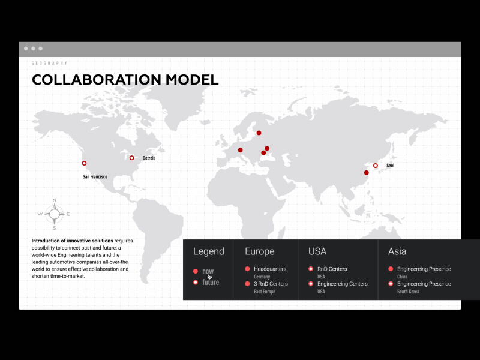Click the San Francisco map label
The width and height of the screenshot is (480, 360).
pyautogui.click(x=95, y=176)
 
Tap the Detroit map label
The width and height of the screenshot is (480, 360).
pyautogui.click(x=149, y=158)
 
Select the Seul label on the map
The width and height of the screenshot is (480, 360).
pyautogui.click(x=390, y=166)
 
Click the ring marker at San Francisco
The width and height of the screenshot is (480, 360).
pyautogui.click(x=84, y=163)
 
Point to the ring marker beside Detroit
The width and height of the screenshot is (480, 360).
pyautogui.click(x=132, y=158)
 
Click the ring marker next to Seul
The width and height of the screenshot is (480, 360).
pyautogui.click(x=376, y=166)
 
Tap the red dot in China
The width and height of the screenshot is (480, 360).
pyautogui.click(x=367, y=173)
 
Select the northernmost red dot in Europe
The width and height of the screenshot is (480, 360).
pyautogui.click(x=259, y=133)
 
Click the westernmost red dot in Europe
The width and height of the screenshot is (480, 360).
pyautogui.click(x=240, y=150)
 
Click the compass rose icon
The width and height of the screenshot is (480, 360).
pyautogui.click(x=54, y=214)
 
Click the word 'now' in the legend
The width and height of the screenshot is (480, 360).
pyautogui.click(x=208, y=271)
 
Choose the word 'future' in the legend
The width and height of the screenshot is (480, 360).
pyautogui.click(x=211, y=282)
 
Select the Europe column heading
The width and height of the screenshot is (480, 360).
pyautogui.click(x=260, y=251)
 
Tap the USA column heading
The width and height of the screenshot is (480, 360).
pyautogui.click(x=317, y=251)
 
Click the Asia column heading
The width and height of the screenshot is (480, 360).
pyautogui.click(x=397, y=251)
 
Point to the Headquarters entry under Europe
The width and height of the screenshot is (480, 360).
pyautogui.click(x=270, y=269)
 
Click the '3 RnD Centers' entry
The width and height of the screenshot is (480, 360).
pyautogui.click(x=271, y=284)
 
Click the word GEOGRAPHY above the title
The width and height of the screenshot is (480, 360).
pyautogui.click(x=50, y=63)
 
